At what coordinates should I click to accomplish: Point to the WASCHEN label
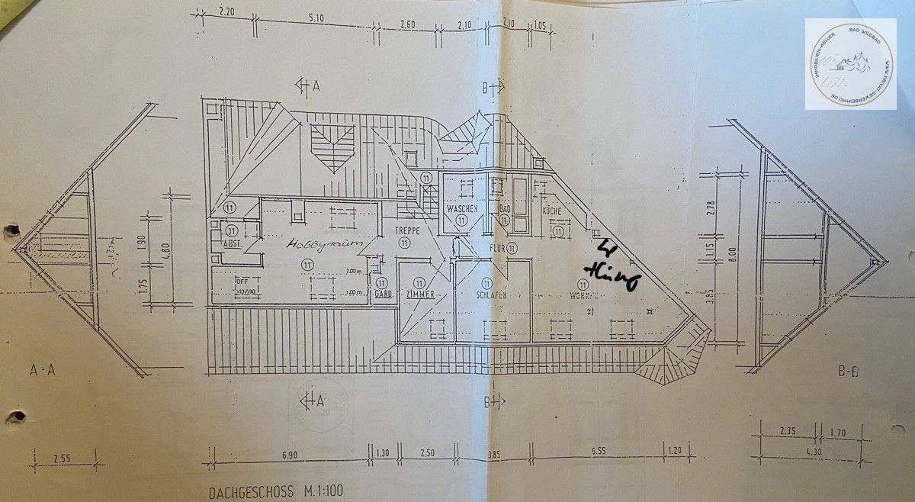click(x=462, y=208)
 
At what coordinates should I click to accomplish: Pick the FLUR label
click(x=499, y=248)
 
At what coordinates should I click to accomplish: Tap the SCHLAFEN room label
click(x=492, y=295)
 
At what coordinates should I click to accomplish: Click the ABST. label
click(x=232, y=244)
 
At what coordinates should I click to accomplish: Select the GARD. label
click(x=383, y=294)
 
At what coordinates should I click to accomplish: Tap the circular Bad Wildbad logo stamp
click(x=851, y=64)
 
